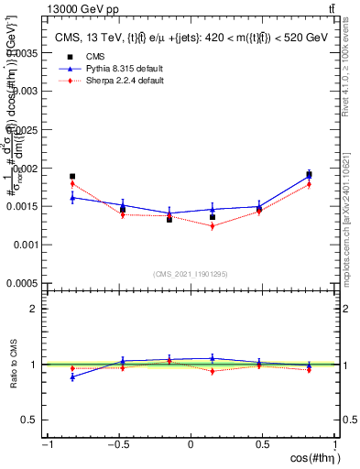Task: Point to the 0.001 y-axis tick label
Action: (28, 245)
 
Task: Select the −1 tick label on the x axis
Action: (46, 445)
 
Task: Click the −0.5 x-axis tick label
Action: (116, 445)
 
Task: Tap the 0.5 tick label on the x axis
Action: (263, 445)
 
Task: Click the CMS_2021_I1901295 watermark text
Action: (191, 274)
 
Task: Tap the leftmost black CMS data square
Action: (72, 176)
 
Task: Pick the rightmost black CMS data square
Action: (309, 174)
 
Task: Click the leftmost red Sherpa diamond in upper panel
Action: (72, 184)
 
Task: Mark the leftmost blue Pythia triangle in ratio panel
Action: (72, 376)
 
